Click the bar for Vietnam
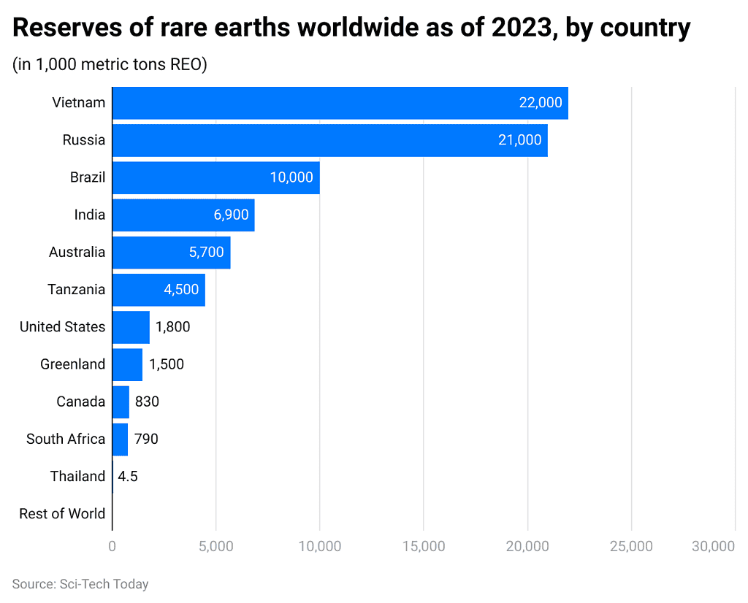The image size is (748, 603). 340,103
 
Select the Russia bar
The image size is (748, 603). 329,140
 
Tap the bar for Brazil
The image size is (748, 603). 215,177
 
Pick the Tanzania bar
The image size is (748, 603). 159,290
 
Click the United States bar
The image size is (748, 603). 131,327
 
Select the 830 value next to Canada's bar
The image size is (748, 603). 147,402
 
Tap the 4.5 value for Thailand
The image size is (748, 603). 128,477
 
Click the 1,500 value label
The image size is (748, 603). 167,364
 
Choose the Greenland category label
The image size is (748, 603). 73,364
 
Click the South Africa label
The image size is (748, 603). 66,439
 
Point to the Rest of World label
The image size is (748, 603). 62,514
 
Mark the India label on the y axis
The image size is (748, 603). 90,215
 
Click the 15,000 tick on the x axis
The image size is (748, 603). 424,547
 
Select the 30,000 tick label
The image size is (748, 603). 712,547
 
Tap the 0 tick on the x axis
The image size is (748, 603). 112,547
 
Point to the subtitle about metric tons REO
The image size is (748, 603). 110,64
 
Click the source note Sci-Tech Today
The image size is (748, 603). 80,584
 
